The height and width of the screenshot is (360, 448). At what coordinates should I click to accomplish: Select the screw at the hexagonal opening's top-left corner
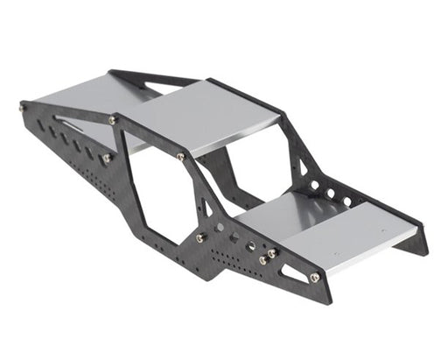click(113, 119)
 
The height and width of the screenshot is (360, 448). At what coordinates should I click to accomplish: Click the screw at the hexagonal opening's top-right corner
click(180, 157)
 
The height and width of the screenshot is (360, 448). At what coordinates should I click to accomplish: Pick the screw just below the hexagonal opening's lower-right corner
click(200, 237)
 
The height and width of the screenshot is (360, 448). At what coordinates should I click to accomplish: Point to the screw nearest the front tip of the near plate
click(314, 278)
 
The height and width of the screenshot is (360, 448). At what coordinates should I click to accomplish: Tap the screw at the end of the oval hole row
click(106, 159)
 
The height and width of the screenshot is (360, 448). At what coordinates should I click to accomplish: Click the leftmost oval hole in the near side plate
click(41, 126)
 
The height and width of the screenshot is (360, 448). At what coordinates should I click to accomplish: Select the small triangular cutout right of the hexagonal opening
click(206, 208)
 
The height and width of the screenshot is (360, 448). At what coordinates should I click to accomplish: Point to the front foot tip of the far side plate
click(424, 251)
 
